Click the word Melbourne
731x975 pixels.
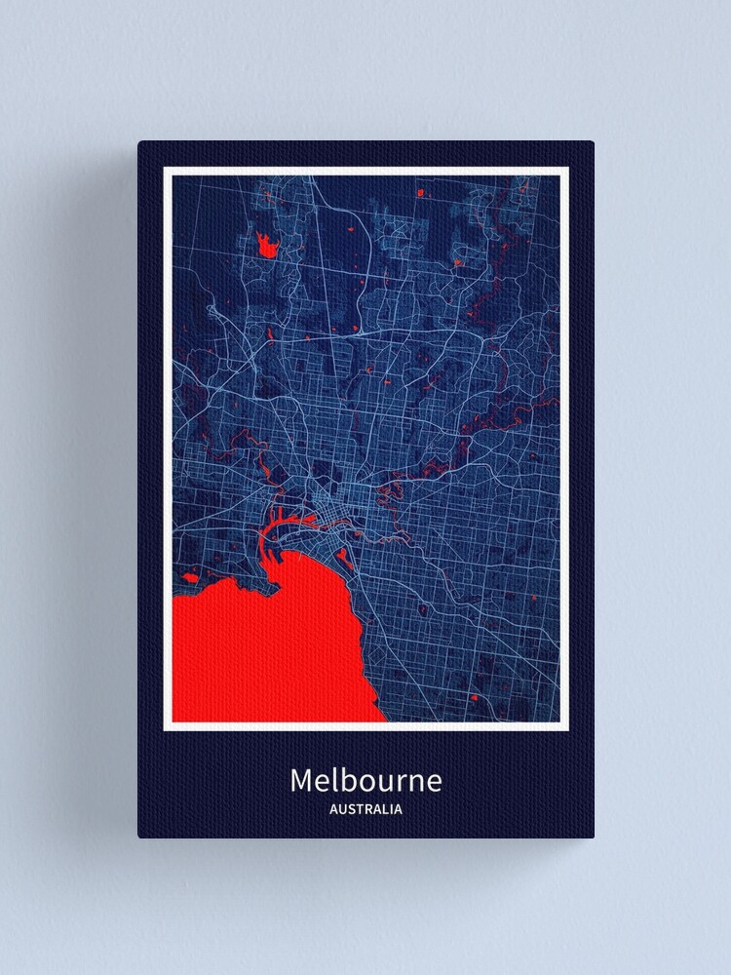click(365, 781)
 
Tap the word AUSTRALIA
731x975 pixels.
click(365, 809)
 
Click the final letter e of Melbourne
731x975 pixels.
click(434, 783)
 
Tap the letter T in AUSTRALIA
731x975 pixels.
click(358, 809)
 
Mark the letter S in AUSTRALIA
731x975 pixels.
click(348, 809)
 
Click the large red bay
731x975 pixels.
click(263, 643)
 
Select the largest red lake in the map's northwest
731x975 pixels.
click(266, 244)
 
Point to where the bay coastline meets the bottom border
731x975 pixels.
click(386, 721)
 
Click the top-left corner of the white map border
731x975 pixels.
click(165, 169)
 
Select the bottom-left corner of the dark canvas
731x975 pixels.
click(139, 837)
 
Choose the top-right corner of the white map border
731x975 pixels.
click(567, 169)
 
